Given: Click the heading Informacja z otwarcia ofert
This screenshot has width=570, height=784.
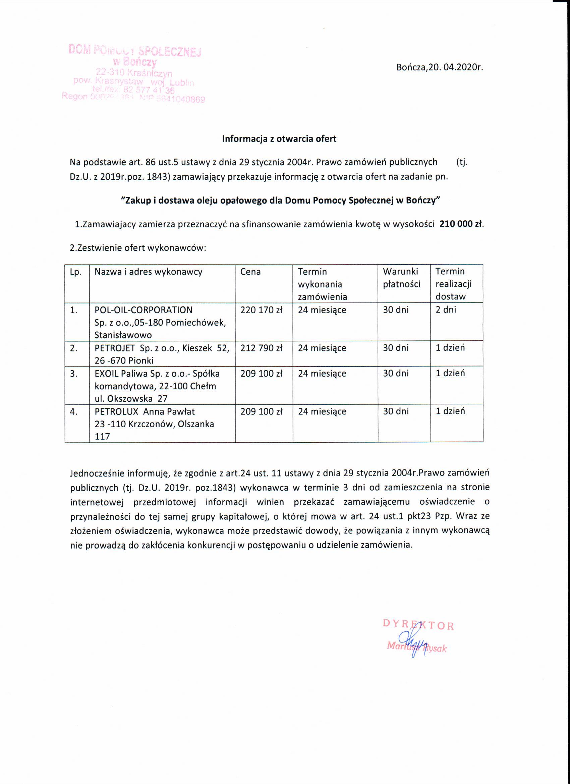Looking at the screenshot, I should click(x=279, y=139).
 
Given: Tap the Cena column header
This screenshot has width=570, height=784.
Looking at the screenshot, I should click(x=250, y=272).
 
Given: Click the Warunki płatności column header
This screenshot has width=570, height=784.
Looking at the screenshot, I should click(x=401, y=278).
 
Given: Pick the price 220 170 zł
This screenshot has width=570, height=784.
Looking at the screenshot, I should click(x=261, y=310).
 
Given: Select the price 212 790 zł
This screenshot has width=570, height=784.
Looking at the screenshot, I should click(x=261, y=348).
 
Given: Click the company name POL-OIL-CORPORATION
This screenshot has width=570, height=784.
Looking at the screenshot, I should click(x=144, y=310).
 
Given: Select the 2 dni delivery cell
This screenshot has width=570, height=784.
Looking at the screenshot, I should click(x=446, y=310).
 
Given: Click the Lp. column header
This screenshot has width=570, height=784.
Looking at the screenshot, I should click(x=76, y=272).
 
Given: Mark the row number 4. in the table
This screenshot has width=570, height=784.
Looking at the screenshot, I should click(x=74, y=412).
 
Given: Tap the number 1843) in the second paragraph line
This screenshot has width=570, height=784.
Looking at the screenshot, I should click(x=158, y=177).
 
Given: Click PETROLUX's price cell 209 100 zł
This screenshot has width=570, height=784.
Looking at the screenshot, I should click(x=261, y=412).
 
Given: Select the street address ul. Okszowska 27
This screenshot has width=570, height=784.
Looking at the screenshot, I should click(x=131, y=399).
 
